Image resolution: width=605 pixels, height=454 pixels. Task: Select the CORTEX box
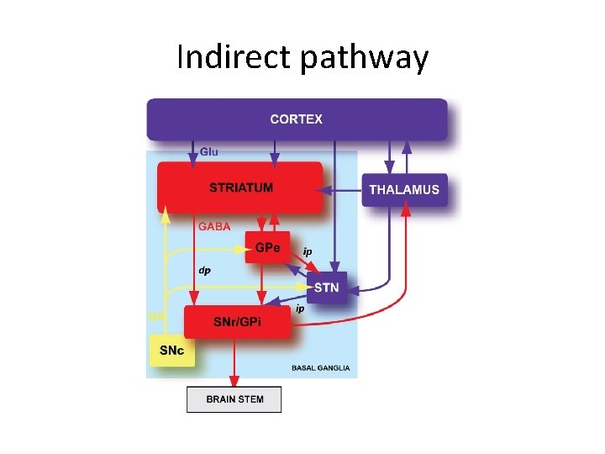pyautogui.click(x=297, y=119)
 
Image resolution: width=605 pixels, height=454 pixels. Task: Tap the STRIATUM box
pyautogui.click(x=240, y=187)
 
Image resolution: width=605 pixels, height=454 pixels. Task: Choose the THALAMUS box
pyautogui.click(x=403, y=190)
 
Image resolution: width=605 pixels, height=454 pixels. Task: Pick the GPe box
pyautogui.click(x=267, y=247)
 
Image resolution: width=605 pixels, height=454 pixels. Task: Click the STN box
pyautogui.click(x=326, y=288)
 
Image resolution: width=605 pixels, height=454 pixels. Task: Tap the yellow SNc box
pyautogui.click(x=171, y=351)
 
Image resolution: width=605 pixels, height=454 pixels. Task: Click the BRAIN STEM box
pyautogui.click(x=234, y=399)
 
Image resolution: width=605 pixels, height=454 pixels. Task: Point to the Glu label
pyautogui.click(x=209, y=151)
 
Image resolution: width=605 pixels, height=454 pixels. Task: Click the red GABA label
pyautogui.click(x=213, y=226)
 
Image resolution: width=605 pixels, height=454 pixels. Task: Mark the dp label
pyautogui.click(x=204, y=271)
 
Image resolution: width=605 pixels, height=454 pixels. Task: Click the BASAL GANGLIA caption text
pyautogui.click(x=321, y=368)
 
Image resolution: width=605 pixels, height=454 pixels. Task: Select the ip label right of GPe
pyautogui.click(x=308, y=251)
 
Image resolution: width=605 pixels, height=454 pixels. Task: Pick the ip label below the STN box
pyautogui.click(x=299, y=309)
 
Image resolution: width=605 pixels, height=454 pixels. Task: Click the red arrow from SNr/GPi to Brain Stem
pyautogui.click(x=234, y=362)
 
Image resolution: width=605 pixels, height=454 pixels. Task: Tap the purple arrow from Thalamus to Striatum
pyautogui.click(x=343, y=191)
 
